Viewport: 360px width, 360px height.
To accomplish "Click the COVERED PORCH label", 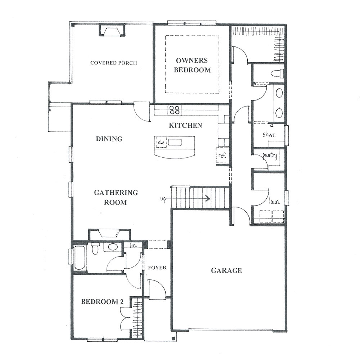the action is pos(114,63).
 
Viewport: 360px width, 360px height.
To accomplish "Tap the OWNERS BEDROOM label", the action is pos(192,65).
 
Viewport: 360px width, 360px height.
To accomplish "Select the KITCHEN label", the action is pos(185,125).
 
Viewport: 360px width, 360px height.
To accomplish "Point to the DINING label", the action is pos(109,139).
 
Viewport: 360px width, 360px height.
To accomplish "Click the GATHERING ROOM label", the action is pos(116,197).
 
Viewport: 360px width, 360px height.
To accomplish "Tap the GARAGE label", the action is pos(226,270).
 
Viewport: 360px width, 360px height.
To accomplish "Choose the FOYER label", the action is pos(157,268).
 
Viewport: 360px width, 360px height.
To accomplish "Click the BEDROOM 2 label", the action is pos(102,301).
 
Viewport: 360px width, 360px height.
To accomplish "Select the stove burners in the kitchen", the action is pos(175,110).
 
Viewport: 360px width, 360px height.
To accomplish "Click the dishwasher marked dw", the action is pos(161,142).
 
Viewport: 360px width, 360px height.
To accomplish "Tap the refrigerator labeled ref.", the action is pos(222,156).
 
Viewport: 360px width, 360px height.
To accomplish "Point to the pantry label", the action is pos(270,156).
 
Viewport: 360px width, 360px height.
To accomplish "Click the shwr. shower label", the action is pos(269,134).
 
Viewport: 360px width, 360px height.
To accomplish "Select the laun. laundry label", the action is pos(274,202).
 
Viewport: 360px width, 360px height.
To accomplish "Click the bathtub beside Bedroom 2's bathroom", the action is pos(80,257).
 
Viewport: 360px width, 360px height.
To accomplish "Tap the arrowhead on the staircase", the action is pos(208,198).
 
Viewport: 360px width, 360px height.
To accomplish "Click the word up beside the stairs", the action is pos(163,199).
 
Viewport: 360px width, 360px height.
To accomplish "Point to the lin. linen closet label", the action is pos(134,245).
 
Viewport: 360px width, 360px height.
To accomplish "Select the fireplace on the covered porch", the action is pos(112,30).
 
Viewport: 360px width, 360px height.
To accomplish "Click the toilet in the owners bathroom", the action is pos(277,73).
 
